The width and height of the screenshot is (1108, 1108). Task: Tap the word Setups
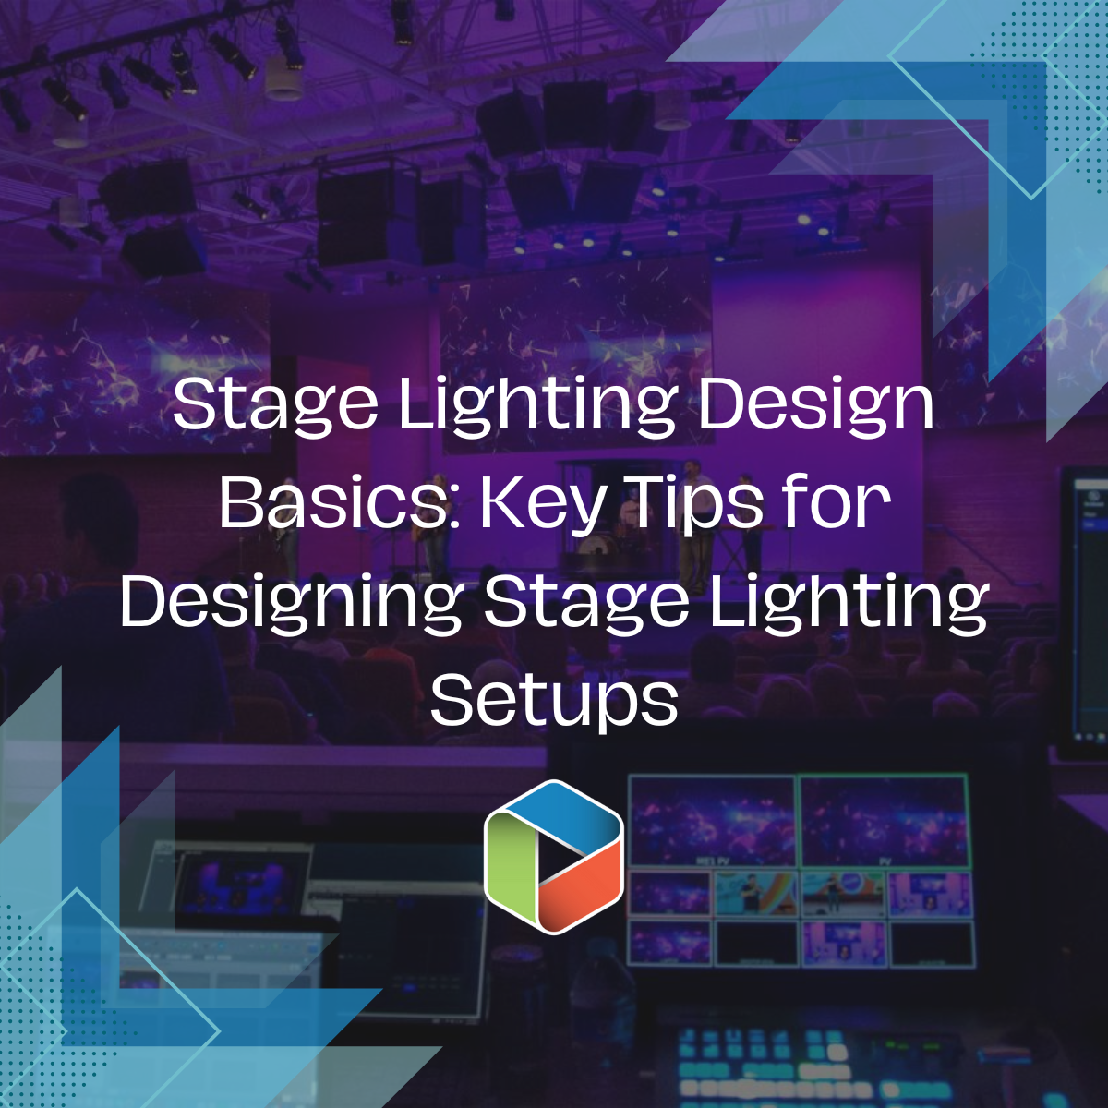click(554, 702)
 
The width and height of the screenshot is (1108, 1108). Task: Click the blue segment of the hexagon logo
click(554, 813)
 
